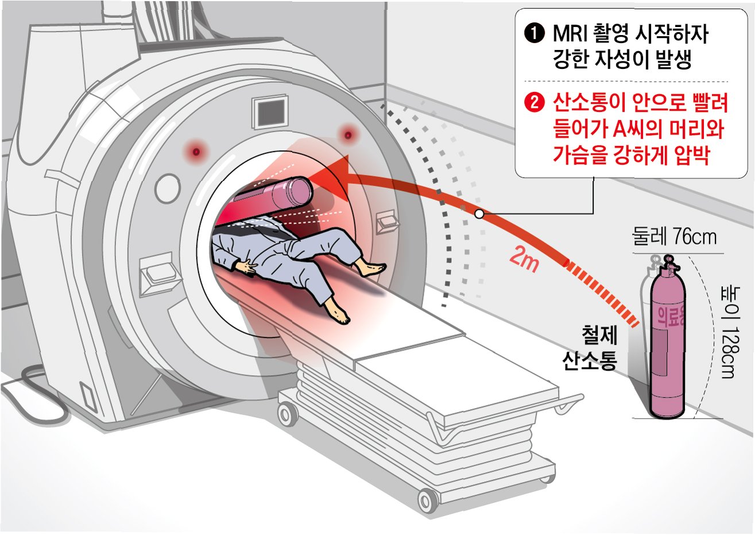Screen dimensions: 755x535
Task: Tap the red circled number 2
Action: click(535, 103)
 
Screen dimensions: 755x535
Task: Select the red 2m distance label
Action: click(524, 260)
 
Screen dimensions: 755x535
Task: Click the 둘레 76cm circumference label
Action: click(674, 236)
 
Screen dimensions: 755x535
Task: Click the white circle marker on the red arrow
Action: click(479, 214)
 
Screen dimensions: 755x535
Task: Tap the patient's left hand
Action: click(248, 265)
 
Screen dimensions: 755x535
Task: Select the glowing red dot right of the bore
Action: click(347, 136)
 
